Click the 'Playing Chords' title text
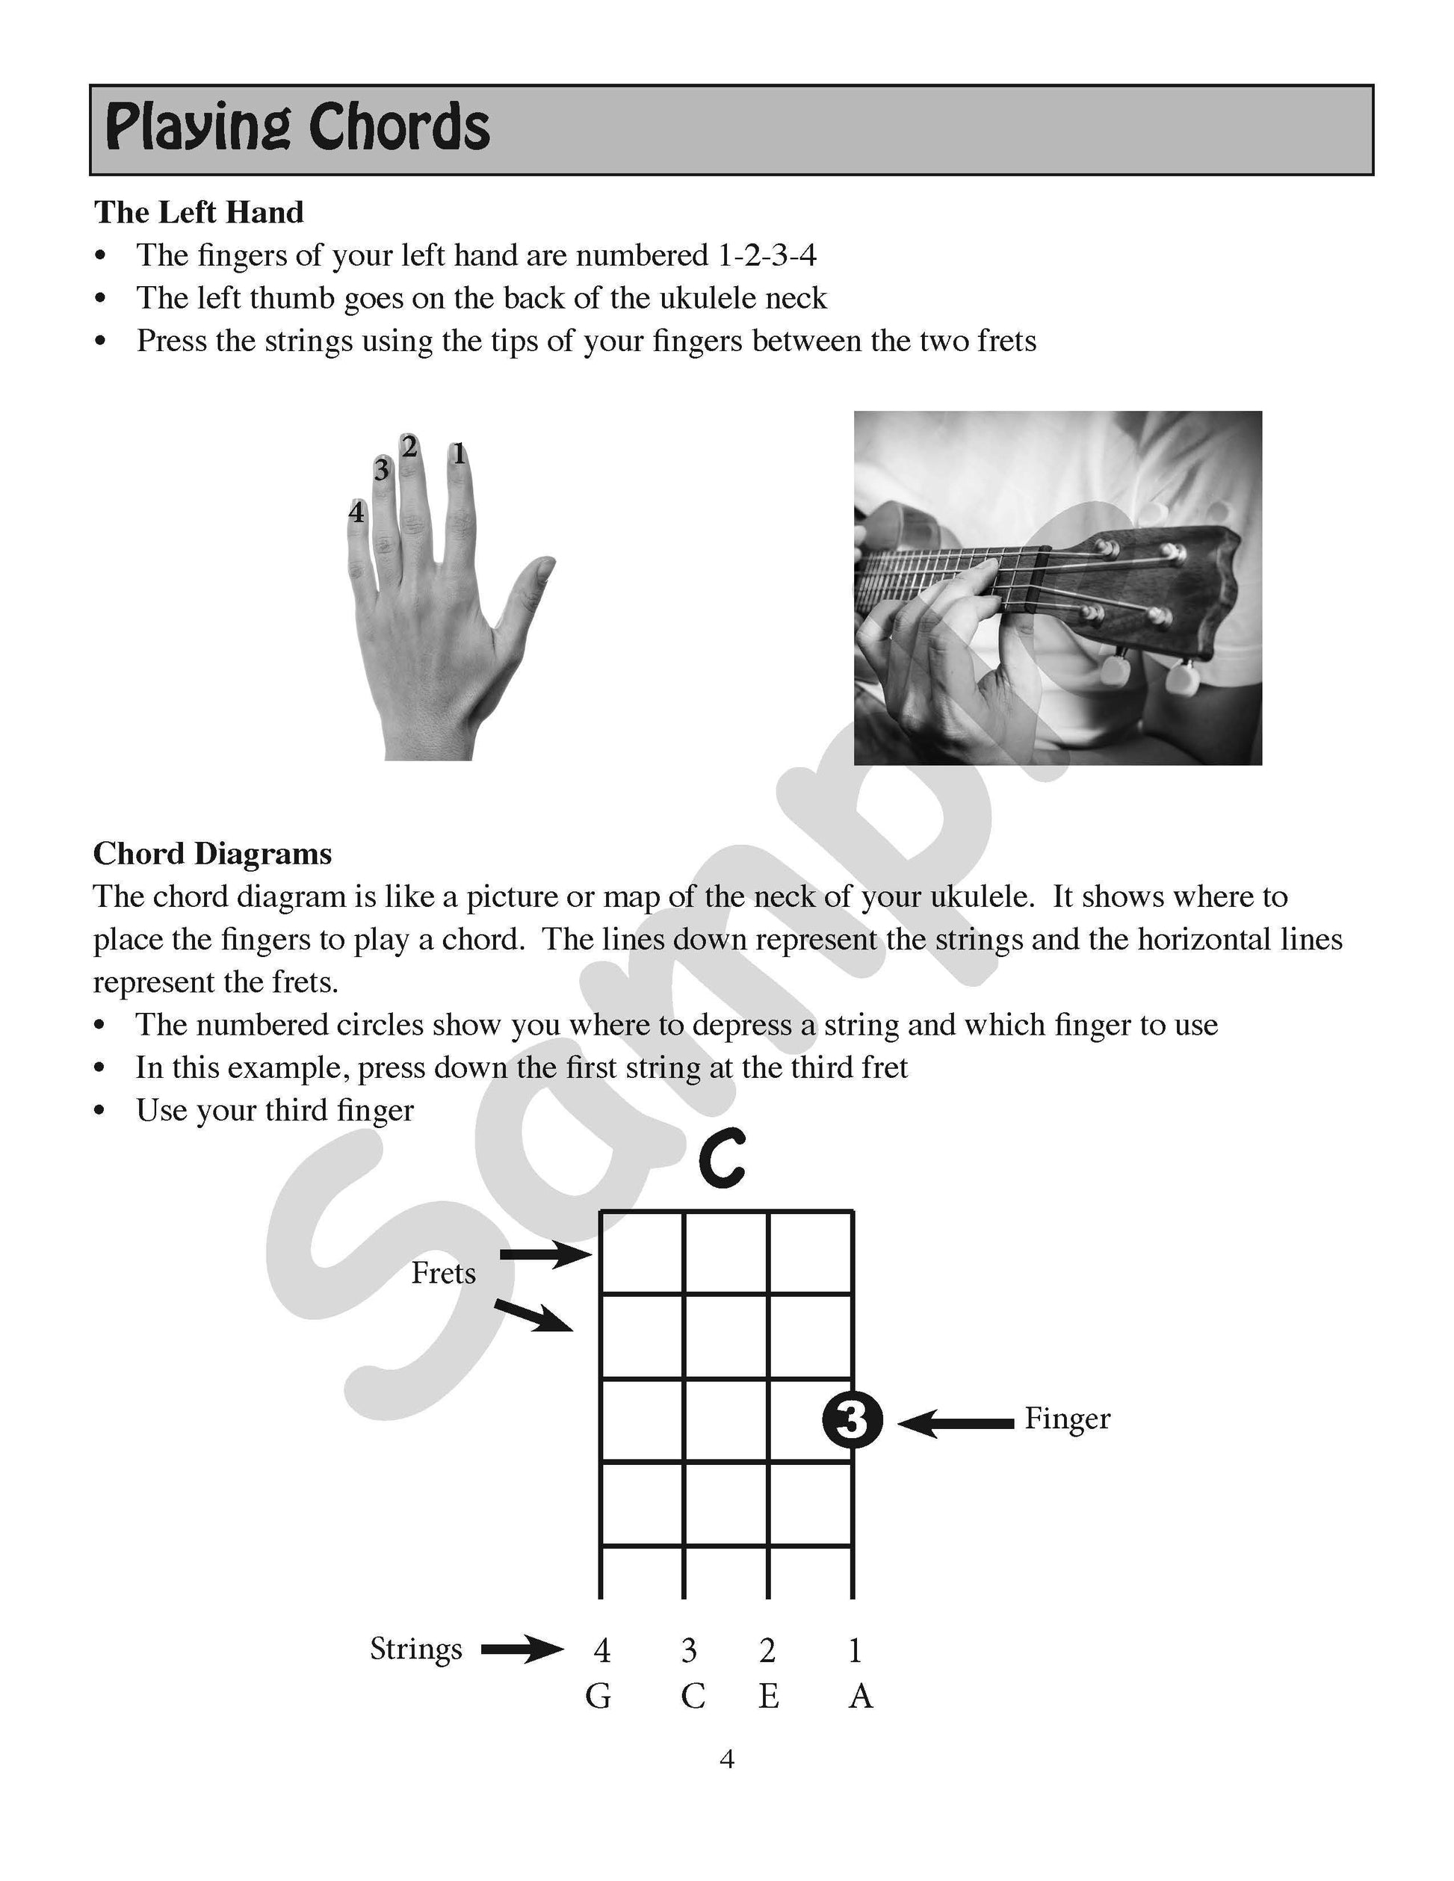[297, 128]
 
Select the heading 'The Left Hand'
[198, 212]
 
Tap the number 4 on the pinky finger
[356, 512]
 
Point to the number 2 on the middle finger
[410, 446]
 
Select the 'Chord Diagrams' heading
[212, 854]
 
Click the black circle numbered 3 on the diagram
[851, 1419]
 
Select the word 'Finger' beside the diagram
[1066, 1419]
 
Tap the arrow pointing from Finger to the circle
[956, 1424]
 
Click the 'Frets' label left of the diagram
[443, 1273]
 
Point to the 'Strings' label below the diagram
[416, 1649]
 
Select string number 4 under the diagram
[602, 1650]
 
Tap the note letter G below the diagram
[598, 1696]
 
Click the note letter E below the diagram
[768, 1696]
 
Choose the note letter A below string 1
[861, 1696]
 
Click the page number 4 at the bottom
[726, 1759]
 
